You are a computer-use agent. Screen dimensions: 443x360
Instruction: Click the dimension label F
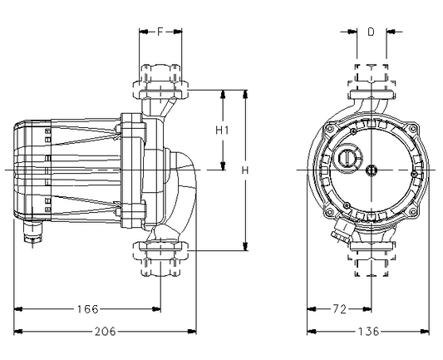pyautogui.click(x=160, y=32)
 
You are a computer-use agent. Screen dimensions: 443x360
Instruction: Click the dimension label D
pyautogui.click(x=371, y=32)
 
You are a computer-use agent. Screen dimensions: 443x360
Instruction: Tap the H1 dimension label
pyautogui.click(x=222, y=131)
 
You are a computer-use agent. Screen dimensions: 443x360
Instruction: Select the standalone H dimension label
pyautogui.click(x=245, y=170)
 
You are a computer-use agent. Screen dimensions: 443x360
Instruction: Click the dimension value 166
pyautogui.click(x=88, y=309)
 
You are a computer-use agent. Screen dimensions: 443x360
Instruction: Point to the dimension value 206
pyautogui.click(x=105, y=331)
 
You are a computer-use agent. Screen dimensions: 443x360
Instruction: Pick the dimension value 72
pyautogui.click(x=340, y=309)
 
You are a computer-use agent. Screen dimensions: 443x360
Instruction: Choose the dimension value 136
pyautogui.click(x=369, y=331)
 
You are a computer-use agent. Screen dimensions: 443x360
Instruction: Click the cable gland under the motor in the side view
pyautogui.click(x=32, y=232)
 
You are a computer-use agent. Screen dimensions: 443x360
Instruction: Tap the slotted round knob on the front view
pyautogui.click(x=347, y=157)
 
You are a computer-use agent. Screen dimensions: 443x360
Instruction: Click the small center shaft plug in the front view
pyautogui.click(x=371, y=170)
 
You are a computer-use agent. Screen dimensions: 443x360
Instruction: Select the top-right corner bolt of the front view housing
pyautogui.click(x=413, y=129)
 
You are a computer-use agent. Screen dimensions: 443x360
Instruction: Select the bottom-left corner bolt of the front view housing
pyautogui.click(x=329, y=211)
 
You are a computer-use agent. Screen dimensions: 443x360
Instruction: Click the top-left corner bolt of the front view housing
pyautogui.click(x=329, y=129)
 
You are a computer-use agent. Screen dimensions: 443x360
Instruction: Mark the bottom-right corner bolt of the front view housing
pyautogui.click(x=413, y=211)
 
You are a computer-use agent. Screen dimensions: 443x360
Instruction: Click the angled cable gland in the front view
pyautogui.click(x=341, y=232)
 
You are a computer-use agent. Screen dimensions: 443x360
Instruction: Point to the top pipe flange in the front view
pyautogui.click(x=371, y=95)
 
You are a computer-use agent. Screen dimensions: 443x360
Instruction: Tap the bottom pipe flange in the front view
pyautogui.click(x=371, y=246)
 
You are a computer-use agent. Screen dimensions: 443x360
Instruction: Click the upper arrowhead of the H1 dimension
pyautogui.click(x=223, y=95)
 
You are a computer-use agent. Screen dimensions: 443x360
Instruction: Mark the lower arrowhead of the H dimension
pyautogui.click(x=245, y=246)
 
